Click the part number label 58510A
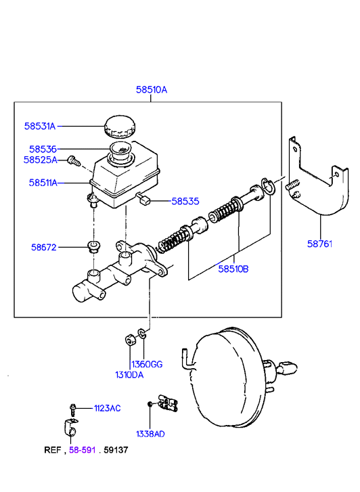pyautogui.click(x=152, y=90)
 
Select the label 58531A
pyautogui.click(x=40, y=126)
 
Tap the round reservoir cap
pyautogui.click(x=120, y=126)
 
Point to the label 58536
pyautogui.click(x=43, y=149)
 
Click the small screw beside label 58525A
pyautogui.click(x=74, y=161)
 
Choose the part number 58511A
pyautogui.click(x=43, y=183)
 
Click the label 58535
pyautogui.click(x=185, y=201)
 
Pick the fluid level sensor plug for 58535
pyautogui.click(x=143, y=198)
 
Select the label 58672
pyautogui.click(x=44, y=247)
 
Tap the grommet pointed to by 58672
pyautogui.click(x=93, y=246)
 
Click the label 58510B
pyautogui.click(x=233, y=269)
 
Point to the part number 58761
pyautogui.click(x=319, y=244)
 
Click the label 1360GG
pyautogui.click(x=147, y=364)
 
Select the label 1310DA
pyautogui.click(x=129, y=375)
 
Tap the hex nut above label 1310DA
pyautogui.click(x=130, y=340)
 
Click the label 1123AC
pyautogui.click(x=108, y=408)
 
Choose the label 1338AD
pyautogui.click(x=150, y=434)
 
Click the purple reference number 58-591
pyautogui.click(x=83, y=450)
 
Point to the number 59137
pyautogui.click(x=116, y=450)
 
